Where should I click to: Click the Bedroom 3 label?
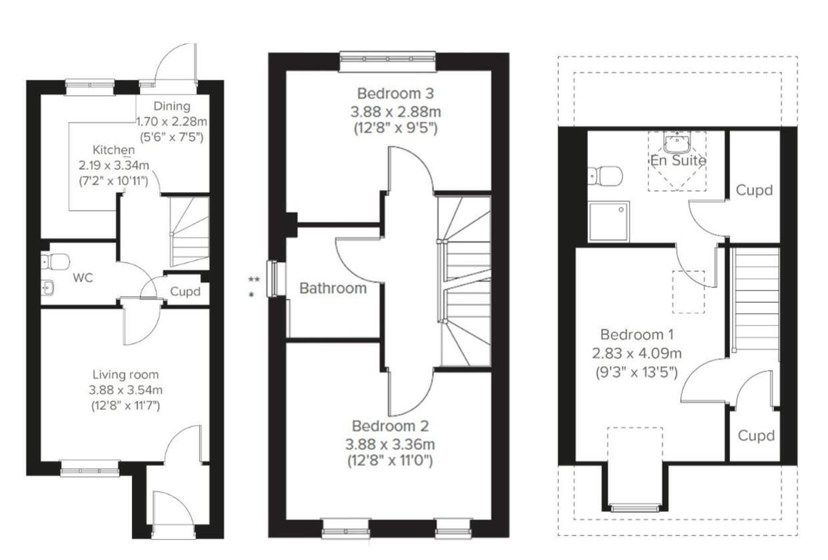click(395, 93)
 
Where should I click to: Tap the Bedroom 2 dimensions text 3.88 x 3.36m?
click(390, 444)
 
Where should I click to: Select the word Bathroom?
click(333, 288)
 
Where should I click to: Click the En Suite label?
click(678, 161)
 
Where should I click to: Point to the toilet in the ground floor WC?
click(55, 262)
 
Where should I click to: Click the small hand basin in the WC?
click(47, 288)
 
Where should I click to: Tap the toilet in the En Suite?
click(605, 175)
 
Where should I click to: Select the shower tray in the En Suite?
click(609, 221)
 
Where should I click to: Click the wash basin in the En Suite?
click(677, 142)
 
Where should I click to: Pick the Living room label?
click(125, 375)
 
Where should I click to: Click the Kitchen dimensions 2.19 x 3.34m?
click(114, 165)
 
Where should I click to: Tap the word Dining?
click(172, 107)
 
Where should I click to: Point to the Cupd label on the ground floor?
click(185, 291)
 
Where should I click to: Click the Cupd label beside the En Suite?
click(754, 191)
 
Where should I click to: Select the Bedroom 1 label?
click(637, 335)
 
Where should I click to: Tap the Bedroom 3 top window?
click(387, 61)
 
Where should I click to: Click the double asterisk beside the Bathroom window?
click(254, 279)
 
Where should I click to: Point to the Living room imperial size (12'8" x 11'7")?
click(126, 406)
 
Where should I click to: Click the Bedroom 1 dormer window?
click(635, 508)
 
